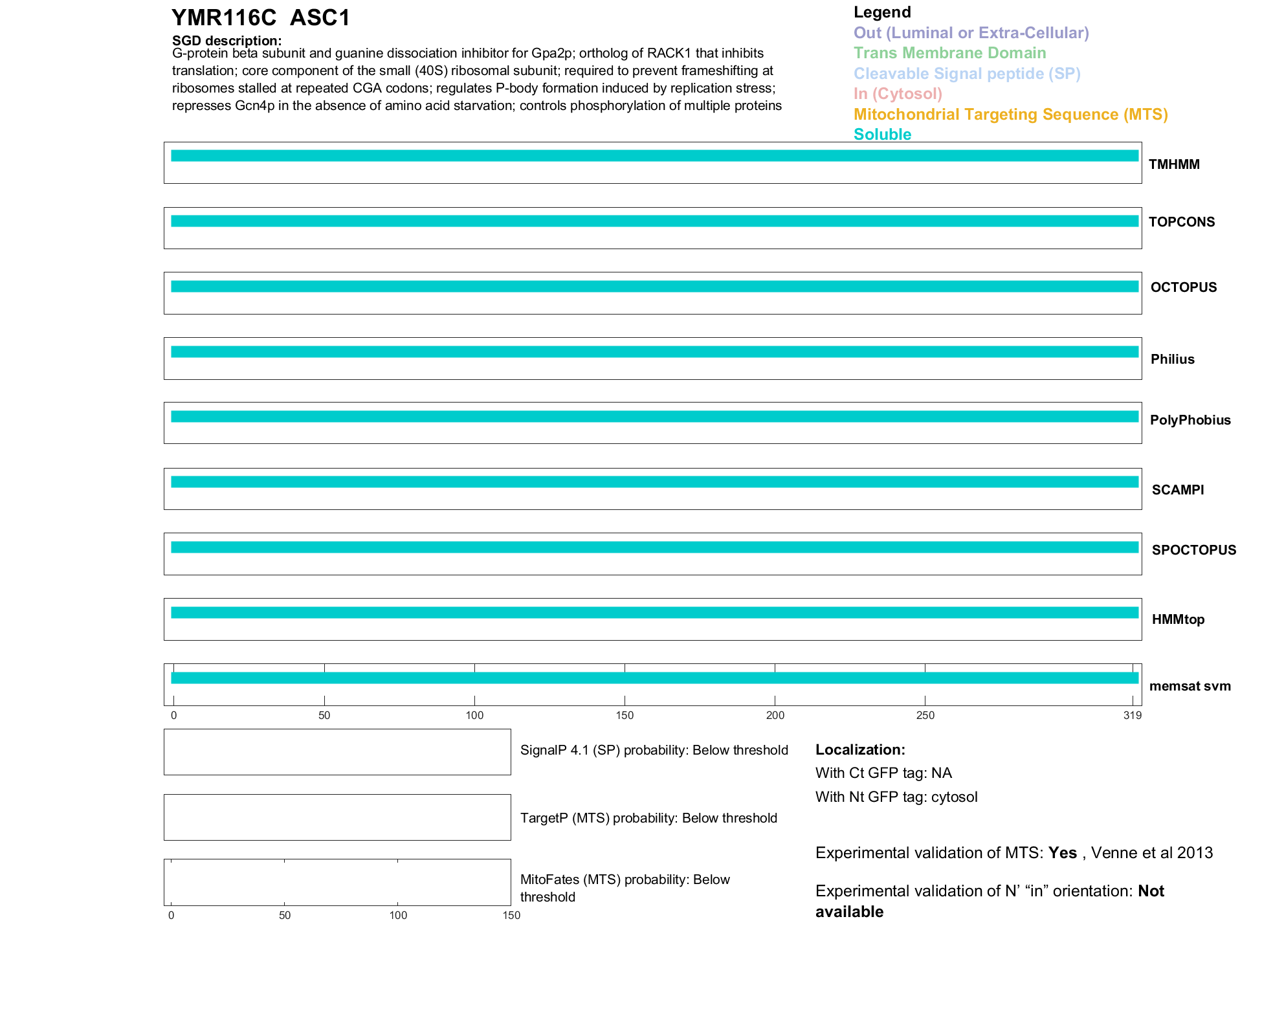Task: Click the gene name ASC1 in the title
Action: pyautogui.click(x=320, y=18)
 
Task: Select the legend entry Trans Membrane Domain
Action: pyautogui.click(x=949, y=53)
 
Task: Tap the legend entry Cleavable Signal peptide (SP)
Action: pyautogui.click(x=967, y=74)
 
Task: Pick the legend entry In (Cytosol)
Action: pyautogui.click(x=898, y=94)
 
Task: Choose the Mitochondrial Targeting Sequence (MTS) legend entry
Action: pyautogui.click(x=1010, y=115)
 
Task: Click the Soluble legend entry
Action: pyautogui.click(x=882, y=135)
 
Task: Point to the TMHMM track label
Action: pyautogui.click(x=1173, y=164)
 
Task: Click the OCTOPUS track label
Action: pyautogui.click(x=1183, y=287)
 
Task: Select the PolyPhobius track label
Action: pyautogui.click(x=1190, y=420)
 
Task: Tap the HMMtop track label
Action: pyautogui.click(x=1178, y=619)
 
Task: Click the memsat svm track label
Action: pyautogui.click(x=1190, y=686)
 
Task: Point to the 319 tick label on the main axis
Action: pyautogui.click(x=1132, y=715)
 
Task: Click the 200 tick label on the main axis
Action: pyautogui.click(x=775, y=715)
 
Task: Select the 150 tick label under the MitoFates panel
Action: pyautogui.click(x=511, y=915)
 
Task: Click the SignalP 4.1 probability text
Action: pyautogui.click(x=654, y=750)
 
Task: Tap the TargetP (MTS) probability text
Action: pyautogui.click(x=648, y=818)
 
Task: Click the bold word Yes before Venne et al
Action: pyautogui.click(x=1062, y=853)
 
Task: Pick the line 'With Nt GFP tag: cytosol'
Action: pyautogui.click(x=896, y=797)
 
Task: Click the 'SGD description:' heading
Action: pyautogui.click(x=227, y=41)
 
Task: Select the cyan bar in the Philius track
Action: pyautogui.click(x=654, y=352)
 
